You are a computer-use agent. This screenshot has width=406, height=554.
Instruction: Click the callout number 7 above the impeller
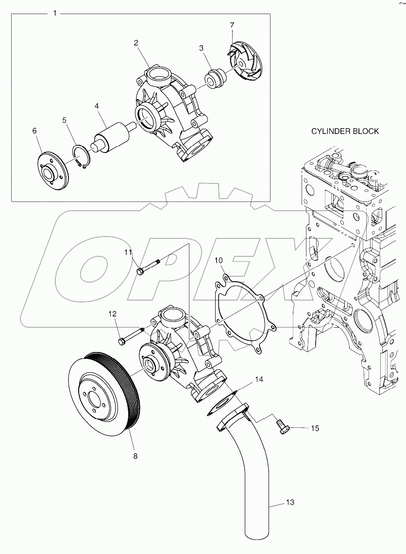click(232, 24)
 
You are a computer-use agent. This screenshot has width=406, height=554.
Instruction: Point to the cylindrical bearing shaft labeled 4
click(115, 136)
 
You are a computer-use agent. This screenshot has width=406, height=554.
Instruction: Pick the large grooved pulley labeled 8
click(104, 394)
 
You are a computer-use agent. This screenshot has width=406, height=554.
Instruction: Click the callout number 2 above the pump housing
click(137, 43)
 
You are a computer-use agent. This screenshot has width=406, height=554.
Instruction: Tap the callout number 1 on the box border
click(54, 14)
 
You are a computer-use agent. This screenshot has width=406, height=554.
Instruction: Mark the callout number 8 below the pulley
click(135, 456)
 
